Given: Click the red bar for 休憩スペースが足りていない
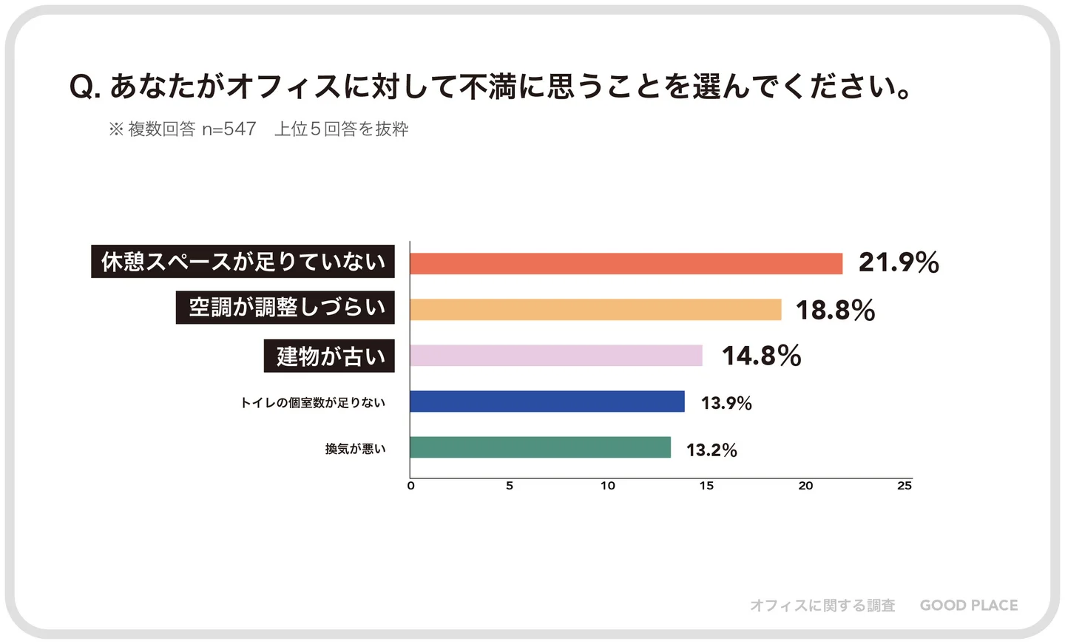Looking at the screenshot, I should coord(626,263).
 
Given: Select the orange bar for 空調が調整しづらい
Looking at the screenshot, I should coord(595,309).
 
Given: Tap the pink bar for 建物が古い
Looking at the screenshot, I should coord(556,355).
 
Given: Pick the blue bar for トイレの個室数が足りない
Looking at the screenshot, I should coord(547,401).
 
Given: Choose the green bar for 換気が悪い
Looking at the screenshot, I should coord(540,447).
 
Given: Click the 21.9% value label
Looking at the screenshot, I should coord(899,262).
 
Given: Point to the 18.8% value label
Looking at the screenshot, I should coord(835,310).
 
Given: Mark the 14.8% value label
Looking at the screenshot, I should coord(761,356).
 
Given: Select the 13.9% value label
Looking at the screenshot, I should coord(726,403).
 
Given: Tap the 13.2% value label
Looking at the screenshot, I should coord(711,450).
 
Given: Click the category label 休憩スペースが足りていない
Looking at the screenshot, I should coord(243,262).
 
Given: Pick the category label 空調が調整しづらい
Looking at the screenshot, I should coord(285,307).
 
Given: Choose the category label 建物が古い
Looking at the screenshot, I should coord(330,356).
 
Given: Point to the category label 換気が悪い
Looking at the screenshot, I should coord(355,449).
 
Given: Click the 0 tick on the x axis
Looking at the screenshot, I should coord(411,486).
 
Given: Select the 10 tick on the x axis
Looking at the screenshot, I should coord(608,486).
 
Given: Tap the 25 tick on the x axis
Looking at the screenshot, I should coord(905,486).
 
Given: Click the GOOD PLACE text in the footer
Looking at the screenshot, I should coord(969,606).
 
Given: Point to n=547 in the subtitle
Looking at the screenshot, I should coord(229,129).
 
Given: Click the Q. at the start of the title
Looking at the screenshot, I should coord(85,87).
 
